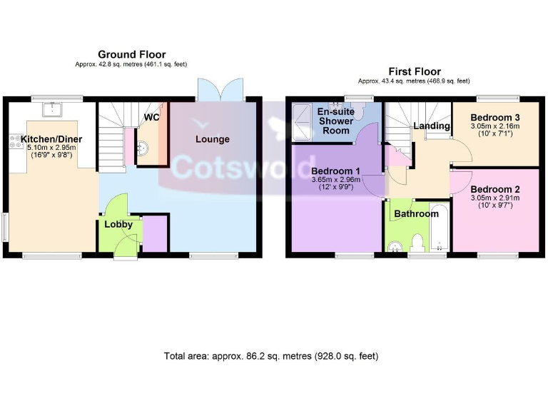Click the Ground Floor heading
pyautogui.click(x=131, y=54)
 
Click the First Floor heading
pyautogui.click(x=414, y=71)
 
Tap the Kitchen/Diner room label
pyautogui.click(x=51, y=138)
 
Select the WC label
pyautogui.click(x=152, y=117)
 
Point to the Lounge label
pyautogui.click(x=213, y=138)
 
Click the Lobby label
pyautogui.click(x=118, y=224)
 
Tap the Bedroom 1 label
pyautogui.click(x=336, y=171)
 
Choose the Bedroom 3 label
pyautogui.click(x=495, y=117)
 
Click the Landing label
pyautogui.click(x=432, y=126)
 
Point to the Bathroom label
pyautogui.click(x=416, y=213)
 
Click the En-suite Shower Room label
pyautogui.click(x=335, y=121)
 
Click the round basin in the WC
pyautogui.click(x=143, y=148)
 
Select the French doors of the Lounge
pyautogui.click(x=220, y=90)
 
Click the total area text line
pyautogui.click(x=270, y=355)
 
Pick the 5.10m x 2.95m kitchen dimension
pyautogui.click(x=51, y=148)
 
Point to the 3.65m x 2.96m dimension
pyautogui.click(x=336, y=181)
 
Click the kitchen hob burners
pyautogui.click(x=15, y=141)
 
